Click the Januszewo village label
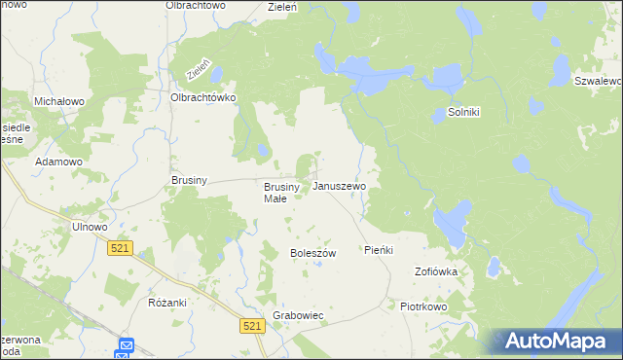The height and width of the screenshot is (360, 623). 339,186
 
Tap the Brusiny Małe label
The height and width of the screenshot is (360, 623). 275,193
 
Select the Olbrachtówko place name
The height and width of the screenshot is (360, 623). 204,97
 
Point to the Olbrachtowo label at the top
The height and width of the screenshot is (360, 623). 195,6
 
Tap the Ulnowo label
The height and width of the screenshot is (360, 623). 89,227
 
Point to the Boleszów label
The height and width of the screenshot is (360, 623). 312,253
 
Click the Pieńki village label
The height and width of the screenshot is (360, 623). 379,250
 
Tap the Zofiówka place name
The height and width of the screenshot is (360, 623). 436,271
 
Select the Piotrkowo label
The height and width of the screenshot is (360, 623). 422,306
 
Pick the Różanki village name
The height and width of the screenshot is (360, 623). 167,303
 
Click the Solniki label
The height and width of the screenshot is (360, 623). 464,112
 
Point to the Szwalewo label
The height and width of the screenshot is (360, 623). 598,81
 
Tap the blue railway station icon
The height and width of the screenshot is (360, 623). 127,346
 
